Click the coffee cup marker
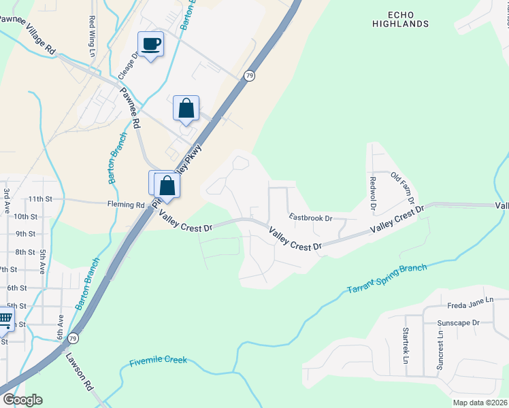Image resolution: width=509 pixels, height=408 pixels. (150, 45)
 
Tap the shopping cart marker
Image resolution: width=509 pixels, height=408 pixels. (4, 318)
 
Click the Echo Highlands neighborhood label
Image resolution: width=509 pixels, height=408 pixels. (401, 18)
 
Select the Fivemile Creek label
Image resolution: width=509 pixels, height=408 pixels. (158, 362)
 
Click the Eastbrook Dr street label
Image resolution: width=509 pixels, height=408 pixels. (310, 218)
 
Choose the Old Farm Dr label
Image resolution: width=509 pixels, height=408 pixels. (402, 188)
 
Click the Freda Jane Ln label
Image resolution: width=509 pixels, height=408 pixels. (470, 306)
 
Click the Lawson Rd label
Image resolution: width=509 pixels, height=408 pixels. (80, 373)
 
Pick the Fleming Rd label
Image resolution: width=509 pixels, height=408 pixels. (126, 205)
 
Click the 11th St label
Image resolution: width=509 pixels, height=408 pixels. (41, 199)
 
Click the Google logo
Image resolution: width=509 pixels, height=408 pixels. (22, 400)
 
